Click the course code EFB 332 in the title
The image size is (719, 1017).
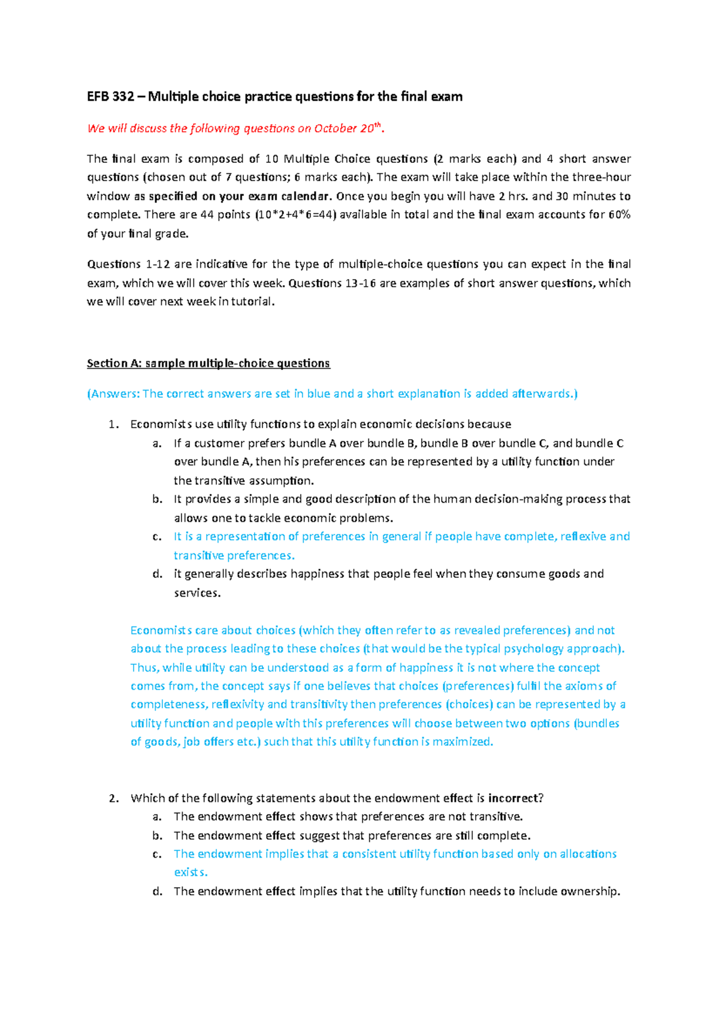click(x=110, y=96)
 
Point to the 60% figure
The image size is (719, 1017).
click(x=619, y=214)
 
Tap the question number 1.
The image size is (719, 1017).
click(x=113, y=424)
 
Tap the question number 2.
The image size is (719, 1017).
click(x=113, y=798)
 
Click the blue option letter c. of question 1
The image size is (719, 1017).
click(x=157, y=537)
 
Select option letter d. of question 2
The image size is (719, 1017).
click(x=157, y=891)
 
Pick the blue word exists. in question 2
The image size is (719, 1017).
click(x=191, y=872)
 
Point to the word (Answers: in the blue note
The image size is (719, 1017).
click(x=113, y=394)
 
